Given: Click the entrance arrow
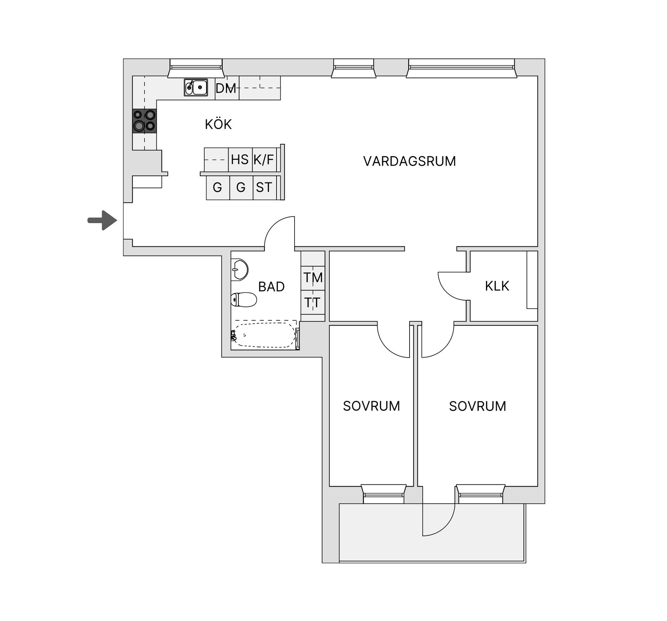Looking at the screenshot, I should click(103, 220).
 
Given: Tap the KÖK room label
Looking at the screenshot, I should click(218, 124).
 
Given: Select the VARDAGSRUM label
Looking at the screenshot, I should click(409, 161).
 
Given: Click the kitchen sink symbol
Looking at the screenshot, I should click(196, 87).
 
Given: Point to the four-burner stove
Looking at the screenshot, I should click(145, 121).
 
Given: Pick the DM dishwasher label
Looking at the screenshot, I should click(226, 89).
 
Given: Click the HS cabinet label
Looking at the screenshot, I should click(240, 160).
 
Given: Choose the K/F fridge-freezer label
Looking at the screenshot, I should click(264, 160).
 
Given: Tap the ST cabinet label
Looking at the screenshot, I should click(264, 188).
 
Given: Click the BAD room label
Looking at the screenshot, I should click(271, 287).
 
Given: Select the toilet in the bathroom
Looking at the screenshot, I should click(244, 300).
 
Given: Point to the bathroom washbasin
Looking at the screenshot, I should click(240, 270).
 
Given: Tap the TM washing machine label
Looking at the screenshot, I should click(313, 278).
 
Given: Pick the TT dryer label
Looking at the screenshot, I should click(312, 303).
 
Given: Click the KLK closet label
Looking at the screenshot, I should click(497, 286).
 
